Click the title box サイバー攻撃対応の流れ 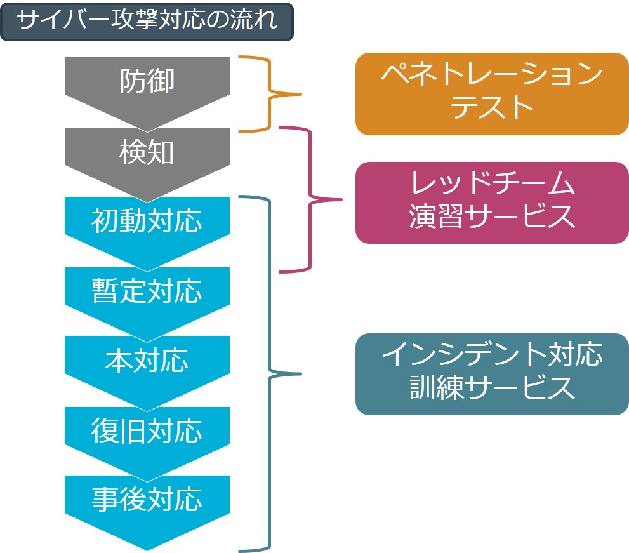point(147,22)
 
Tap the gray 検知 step point(147,153)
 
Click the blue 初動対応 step point(147,222)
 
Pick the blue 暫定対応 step point(147,291)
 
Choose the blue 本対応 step point(147,361)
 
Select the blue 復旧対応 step point(147,431)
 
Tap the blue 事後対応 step point(147,501)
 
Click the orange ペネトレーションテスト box point(491,93)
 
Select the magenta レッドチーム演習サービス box point(491,203)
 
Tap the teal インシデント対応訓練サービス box point(491,374)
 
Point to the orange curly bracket point(270,94)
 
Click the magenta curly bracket point(312,200)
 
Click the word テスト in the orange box point(492,107)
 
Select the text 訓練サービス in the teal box point(492,388)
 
